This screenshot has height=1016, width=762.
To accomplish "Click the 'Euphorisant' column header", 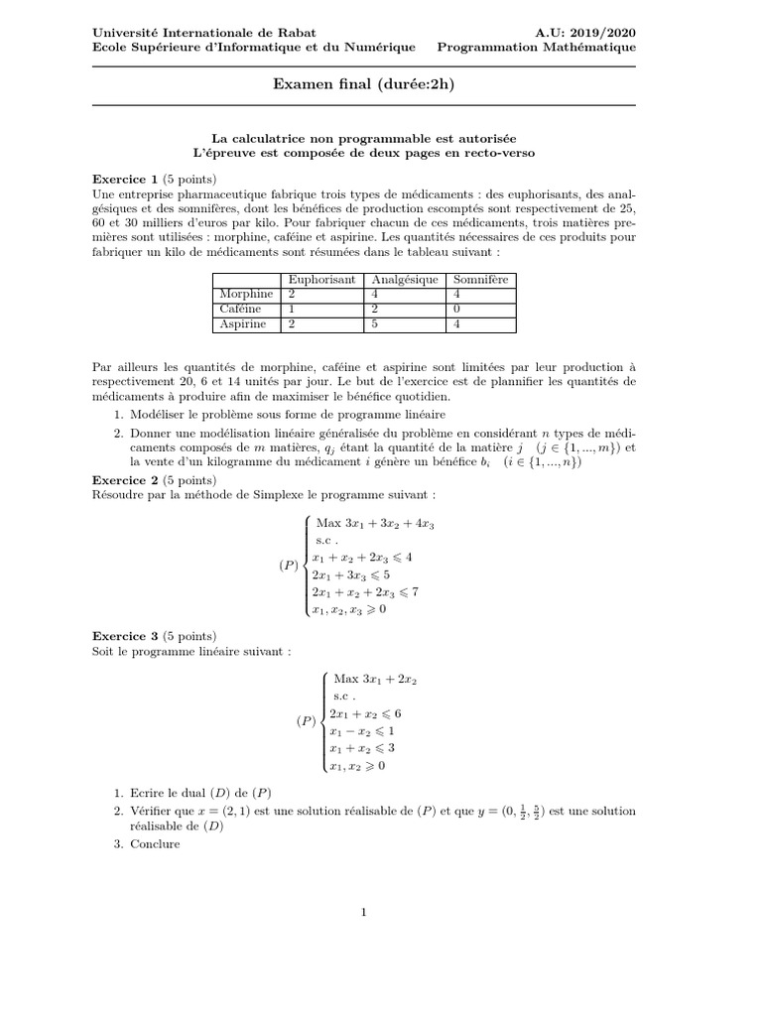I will coord(320,280).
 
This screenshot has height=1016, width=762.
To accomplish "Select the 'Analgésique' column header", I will coord(405,280).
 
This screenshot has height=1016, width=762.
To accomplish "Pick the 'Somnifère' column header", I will coord(480,280).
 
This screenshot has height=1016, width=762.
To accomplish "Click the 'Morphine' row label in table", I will coord(245,295).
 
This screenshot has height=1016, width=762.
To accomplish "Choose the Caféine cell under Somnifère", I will coord(456,310).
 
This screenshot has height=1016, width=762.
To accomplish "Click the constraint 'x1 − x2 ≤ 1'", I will coord(363,730).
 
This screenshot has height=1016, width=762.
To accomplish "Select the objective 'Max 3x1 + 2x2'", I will coord(375,679).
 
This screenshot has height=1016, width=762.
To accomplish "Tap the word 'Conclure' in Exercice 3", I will coord(156,844).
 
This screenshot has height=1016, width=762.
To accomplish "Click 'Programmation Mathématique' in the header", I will coord(537,47).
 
